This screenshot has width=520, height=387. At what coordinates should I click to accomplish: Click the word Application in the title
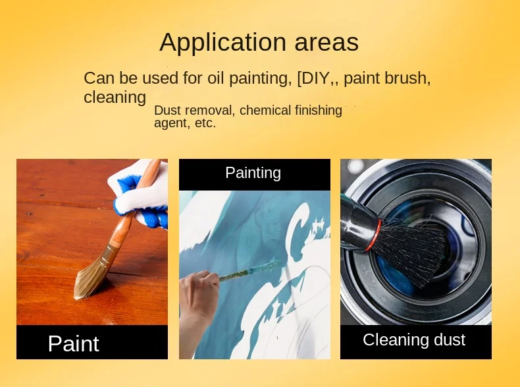coord(222,43)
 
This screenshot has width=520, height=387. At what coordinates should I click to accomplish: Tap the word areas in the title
coord(326,43)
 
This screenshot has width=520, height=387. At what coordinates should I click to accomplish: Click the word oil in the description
coord(216,78)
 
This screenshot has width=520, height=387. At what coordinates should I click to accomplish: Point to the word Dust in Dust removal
coord(167,110)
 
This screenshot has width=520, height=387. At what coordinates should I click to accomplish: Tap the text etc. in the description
coord(205,123)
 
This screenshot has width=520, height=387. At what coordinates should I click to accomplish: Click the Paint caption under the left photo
coord(73,343)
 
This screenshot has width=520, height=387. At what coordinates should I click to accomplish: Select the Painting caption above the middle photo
coord(253,173)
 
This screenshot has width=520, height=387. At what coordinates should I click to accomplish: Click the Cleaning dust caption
coord(414,340)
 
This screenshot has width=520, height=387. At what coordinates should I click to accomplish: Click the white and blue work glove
coord(141,193)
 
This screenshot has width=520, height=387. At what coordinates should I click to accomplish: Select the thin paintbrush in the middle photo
coord(249,272)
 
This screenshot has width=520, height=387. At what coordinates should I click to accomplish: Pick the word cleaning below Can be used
coord(115,98)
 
